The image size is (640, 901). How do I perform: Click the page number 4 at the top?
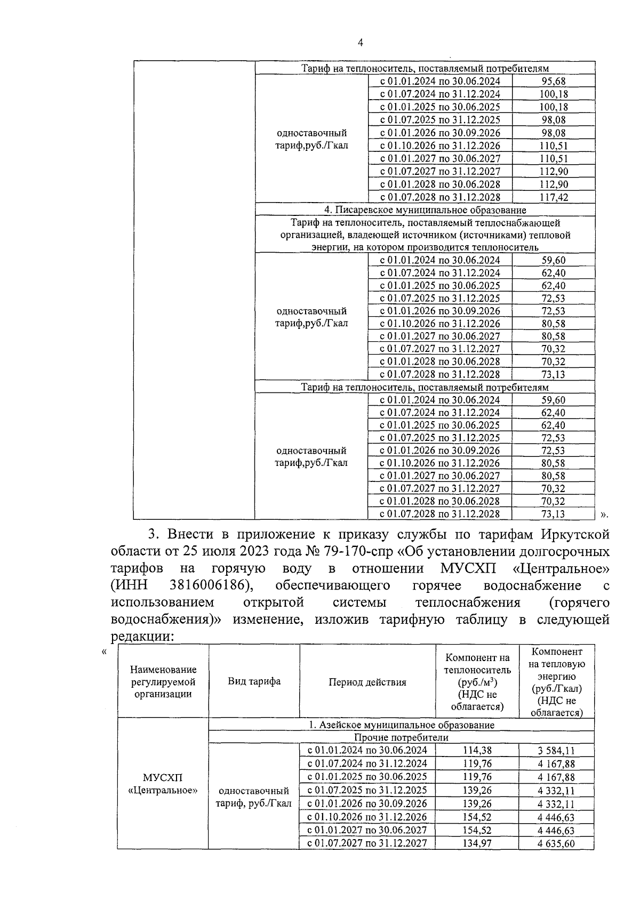361,43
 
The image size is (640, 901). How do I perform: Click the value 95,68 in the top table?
553,82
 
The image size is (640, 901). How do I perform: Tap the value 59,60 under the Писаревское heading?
553,260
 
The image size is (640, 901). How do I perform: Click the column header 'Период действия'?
367,682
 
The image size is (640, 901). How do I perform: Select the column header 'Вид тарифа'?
254,681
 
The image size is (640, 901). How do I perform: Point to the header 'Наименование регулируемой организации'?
163,681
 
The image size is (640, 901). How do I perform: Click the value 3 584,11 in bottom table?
556,751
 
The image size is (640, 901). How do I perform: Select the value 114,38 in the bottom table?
478,751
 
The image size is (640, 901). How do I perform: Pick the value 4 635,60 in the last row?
556,844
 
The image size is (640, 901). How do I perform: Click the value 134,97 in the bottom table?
478,843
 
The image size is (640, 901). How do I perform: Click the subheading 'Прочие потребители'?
401,738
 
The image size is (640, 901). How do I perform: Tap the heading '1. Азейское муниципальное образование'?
401,725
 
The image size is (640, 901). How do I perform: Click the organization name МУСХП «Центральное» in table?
163,784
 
